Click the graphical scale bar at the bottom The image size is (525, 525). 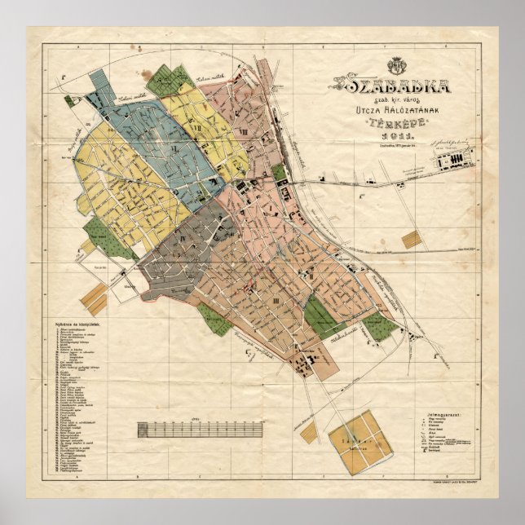point(200,429)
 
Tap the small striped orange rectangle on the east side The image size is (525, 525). point(412,240)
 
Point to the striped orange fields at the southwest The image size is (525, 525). point(93,300)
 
